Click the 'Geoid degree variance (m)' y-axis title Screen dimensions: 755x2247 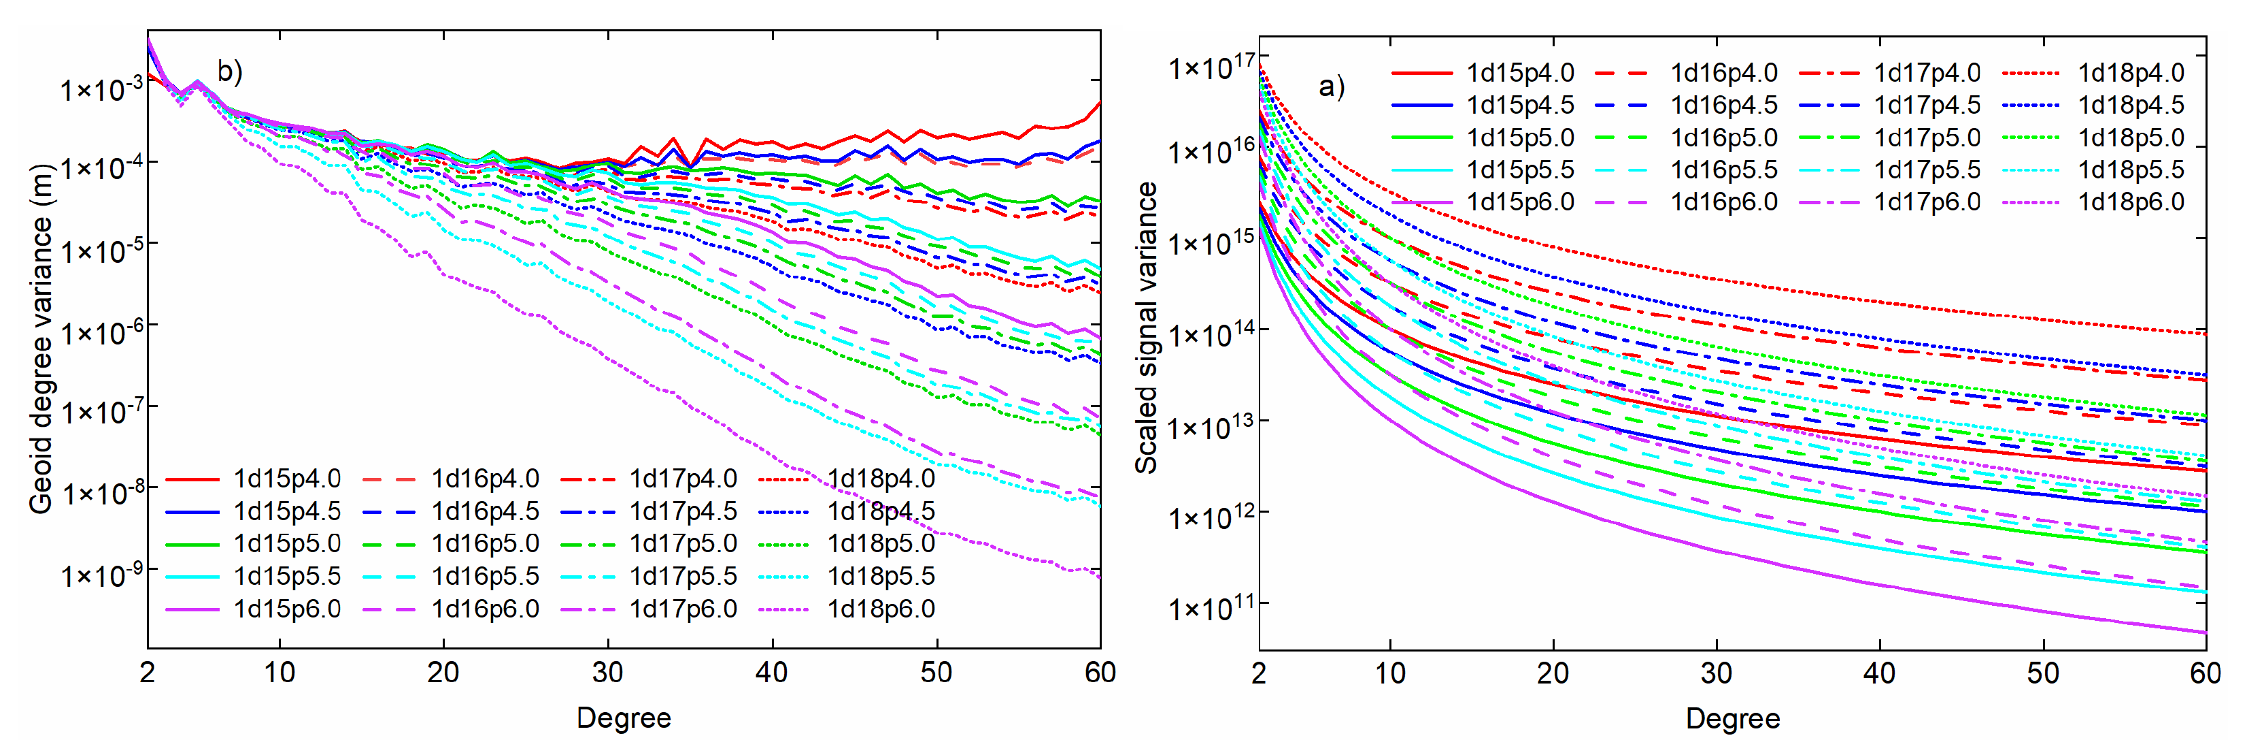point(40,338)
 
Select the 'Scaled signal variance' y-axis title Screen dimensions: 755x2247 point(1145,328)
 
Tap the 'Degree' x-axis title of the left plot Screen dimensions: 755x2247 point(624,718)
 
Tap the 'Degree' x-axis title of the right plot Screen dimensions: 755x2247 point(1732,719)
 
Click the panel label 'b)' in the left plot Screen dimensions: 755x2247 point(229,71)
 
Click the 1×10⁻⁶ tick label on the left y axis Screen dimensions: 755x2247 point(102,332)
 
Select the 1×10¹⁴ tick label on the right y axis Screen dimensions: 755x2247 point(1211,334)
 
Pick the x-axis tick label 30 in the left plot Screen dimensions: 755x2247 point(607,673)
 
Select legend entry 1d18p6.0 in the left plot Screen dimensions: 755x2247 point(881,609)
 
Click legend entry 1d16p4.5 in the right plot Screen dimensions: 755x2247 point(1723,106)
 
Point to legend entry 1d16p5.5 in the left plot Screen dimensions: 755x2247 point(485,577)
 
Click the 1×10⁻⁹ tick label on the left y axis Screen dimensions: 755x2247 point(102,576)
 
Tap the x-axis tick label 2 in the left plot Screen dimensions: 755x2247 point(148,673)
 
